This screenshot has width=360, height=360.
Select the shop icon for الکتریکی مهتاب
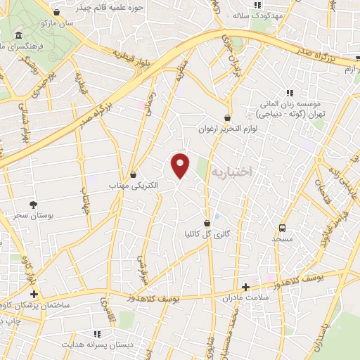(134, 174)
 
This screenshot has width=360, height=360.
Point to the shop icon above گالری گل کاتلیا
(207, 222)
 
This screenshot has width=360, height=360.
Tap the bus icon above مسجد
(283, 228)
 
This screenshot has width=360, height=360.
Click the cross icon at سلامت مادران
(245, 287)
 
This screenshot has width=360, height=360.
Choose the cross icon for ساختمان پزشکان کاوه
(33, 293)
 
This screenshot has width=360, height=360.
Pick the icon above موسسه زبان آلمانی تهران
(289, 92)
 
